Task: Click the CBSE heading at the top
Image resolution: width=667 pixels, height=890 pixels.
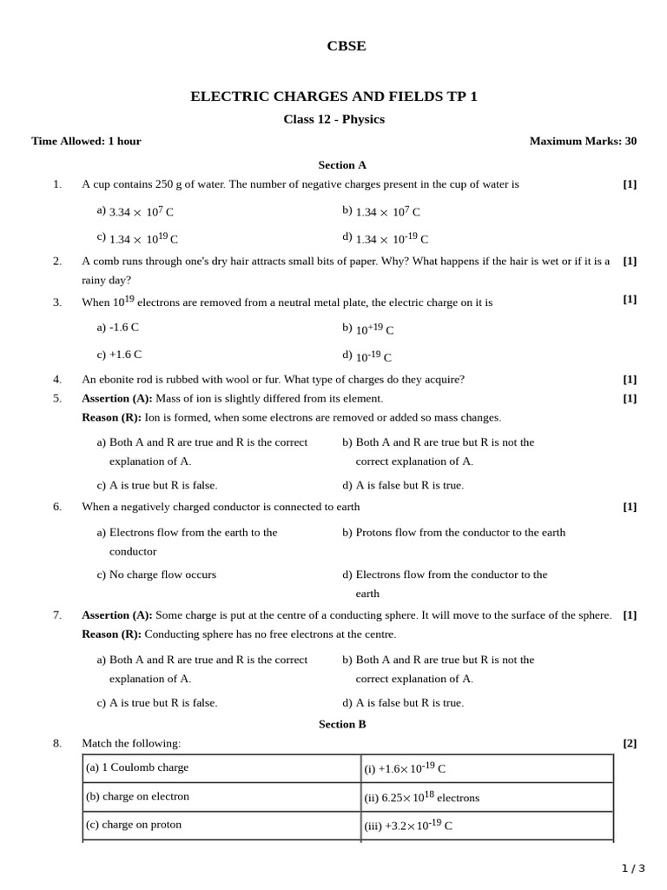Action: [x=346, y=46]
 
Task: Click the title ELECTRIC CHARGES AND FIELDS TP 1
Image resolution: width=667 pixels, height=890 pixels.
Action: [x=333, y=96]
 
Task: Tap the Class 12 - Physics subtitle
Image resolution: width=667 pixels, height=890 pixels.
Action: [x=333, y=119]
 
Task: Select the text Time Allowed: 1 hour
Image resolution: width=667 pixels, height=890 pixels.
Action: [x=86, y=141]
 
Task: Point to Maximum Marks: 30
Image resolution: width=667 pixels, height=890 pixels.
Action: [x=583, y=141]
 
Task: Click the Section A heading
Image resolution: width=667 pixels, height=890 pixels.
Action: [x=342, y=164]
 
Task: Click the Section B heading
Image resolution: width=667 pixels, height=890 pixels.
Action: [x=342, y=724]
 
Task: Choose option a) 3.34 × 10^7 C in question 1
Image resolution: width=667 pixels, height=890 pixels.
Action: [x=135, y=211]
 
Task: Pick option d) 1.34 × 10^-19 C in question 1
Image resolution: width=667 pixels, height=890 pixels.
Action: [x=386, y=238]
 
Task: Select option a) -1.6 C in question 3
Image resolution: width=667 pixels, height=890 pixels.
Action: [x=118, y=328]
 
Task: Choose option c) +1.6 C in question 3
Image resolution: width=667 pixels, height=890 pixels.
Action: [x=120, y=355]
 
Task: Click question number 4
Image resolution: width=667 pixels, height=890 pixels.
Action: [x=57, y=379]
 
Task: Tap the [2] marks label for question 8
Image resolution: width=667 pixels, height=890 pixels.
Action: [x=630, y=743]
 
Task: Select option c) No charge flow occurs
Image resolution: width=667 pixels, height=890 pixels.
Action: [x=156, y=575]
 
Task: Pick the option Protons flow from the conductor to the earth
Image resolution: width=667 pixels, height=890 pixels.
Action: [x=453, y=532]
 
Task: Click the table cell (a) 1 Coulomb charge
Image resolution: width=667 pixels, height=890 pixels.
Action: [x=137, y=767]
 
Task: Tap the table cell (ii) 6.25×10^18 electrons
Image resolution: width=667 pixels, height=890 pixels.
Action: [x=422, y=797]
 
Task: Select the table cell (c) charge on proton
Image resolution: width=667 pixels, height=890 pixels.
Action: [x=134, y=824]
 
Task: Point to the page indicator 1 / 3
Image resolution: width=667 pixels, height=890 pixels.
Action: [x=633, y=868]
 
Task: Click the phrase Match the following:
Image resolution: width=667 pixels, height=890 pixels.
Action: [x=131, y=743]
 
